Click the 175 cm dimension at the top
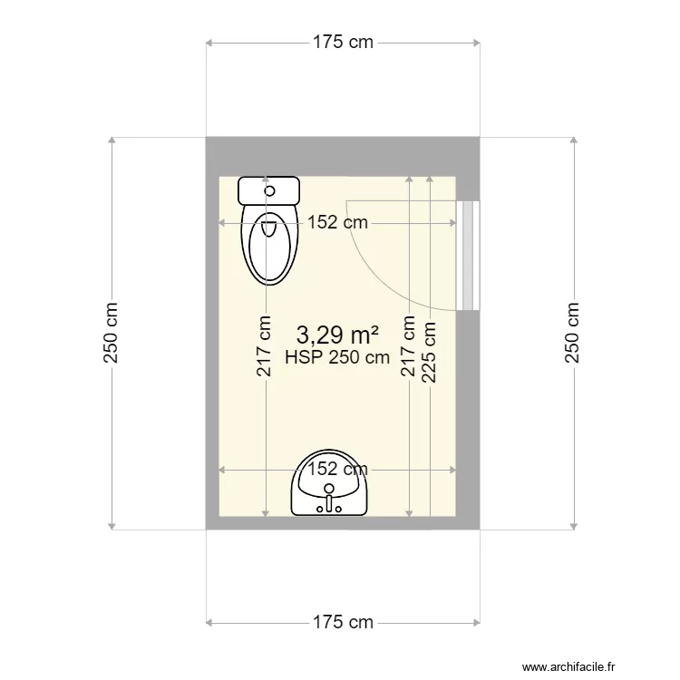(x=342, y=42)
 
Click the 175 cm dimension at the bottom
(x=342, y=622)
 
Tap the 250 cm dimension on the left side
(x=112, y=333)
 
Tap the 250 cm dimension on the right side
(x=573, y=333)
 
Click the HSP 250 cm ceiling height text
(x=337, y=357)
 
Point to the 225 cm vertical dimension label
(x=429, y=352)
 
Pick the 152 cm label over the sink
(x=336, y=469)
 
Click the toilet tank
(x=269, y=190)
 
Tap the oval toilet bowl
(x=269, y=247)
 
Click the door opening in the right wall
(x=468, y=255)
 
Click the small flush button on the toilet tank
(x=269, y=190)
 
